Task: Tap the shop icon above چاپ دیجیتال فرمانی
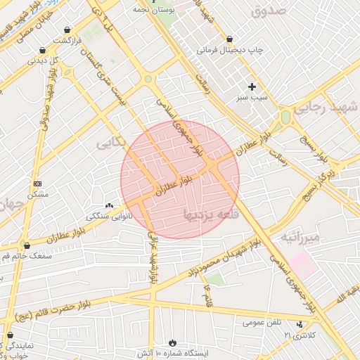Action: click(x=230, y=39)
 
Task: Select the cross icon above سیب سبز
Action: click(x=252, y=86)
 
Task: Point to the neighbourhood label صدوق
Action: click(x=269, y=11)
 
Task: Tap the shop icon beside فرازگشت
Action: click(x=67, y=30)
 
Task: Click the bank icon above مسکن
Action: click(x=37, y=183)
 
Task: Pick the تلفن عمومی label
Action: click(x=262, y=323)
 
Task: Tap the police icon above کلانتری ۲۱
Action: click(x=300, y=325)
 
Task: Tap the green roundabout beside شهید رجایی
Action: click(x=285, y=117)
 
